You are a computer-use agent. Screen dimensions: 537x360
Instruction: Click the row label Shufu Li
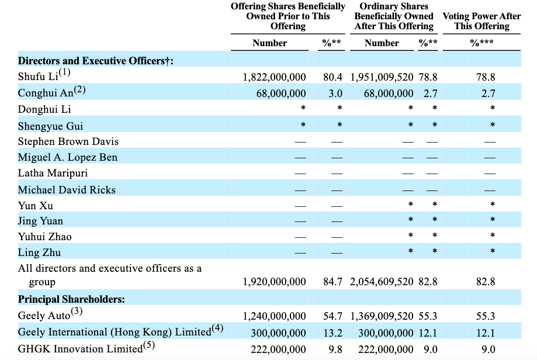click(38, 77)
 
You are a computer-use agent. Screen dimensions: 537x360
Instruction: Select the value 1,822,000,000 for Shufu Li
click(274, 77)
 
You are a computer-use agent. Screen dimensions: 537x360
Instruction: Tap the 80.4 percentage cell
click(332, 77)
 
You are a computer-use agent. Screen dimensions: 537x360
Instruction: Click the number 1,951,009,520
click(382, 77)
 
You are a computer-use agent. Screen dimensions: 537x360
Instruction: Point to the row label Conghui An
click(46, 93)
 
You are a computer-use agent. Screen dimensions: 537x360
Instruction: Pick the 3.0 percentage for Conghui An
click(335, 93)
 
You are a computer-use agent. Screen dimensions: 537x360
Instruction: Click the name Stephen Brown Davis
click(68, 141)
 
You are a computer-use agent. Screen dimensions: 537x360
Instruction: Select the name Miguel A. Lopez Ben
click(67, 157)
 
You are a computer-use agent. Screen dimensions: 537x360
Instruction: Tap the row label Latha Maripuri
click(53, 173)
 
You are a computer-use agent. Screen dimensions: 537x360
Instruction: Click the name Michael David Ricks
click(67, 190)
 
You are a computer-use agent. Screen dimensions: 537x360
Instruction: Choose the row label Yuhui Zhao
click(45, 237)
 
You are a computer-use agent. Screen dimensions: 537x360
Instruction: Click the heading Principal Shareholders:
click(71, 299)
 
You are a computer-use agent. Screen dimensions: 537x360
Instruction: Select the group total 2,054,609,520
click(382, 282)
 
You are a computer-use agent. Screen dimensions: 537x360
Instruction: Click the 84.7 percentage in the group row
click(332, 282)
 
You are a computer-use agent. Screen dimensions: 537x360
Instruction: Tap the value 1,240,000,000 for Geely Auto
click(274, 316)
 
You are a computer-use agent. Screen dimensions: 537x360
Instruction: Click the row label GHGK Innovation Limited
click(80, 349)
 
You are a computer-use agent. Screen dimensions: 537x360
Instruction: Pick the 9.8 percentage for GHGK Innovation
click(335, 349)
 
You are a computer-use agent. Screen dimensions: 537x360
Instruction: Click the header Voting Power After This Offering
click(481, 21)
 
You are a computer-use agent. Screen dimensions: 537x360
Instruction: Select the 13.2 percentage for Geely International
click(333, 333)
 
